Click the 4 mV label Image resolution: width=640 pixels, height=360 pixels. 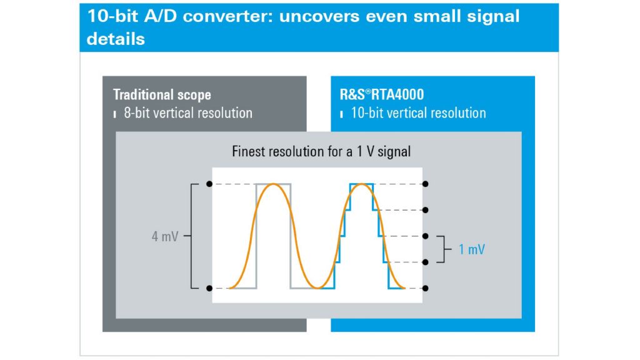point(165,236)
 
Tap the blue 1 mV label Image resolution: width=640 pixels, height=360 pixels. point(472,249)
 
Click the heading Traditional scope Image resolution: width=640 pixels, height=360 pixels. point(162,95)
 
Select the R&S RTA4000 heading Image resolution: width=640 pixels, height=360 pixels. point(382,95)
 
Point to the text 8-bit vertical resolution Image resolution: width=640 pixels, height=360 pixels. point(188,113)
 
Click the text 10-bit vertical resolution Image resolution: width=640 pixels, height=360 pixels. point(418,113)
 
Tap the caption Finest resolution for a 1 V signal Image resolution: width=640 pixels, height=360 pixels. point(321,151)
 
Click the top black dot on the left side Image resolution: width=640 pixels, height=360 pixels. point(209,184)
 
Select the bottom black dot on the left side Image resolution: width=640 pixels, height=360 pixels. point(209,288)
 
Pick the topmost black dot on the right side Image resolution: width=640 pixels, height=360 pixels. point(425,184)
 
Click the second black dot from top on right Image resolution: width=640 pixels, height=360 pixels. point(425,210)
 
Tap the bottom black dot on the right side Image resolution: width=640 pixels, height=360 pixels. point(425,288)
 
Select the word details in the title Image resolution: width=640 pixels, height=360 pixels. point(116,39)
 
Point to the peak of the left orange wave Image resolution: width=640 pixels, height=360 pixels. point(274,184)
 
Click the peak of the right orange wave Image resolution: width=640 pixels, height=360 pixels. point(362,184)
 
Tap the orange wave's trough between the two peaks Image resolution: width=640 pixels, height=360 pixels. point(317,287)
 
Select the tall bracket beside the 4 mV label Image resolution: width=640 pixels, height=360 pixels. point(191,236)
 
